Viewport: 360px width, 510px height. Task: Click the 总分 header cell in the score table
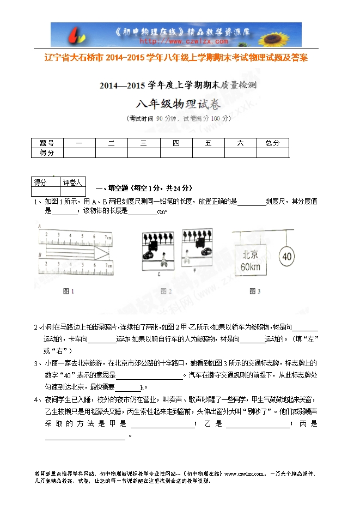272,143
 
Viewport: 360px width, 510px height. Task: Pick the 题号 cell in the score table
47,143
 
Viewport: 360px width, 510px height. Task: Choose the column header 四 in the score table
176,143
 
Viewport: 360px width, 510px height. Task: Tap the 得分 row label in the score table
47,153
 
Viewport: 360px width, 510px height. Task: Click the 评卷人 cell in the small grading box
72,183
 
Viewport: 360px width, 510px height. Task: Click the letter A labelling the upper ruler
40,226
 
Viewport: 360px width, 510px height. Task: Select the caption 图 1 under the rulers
69,291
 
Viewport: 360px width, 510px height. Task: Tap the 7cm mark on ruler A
108,238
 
